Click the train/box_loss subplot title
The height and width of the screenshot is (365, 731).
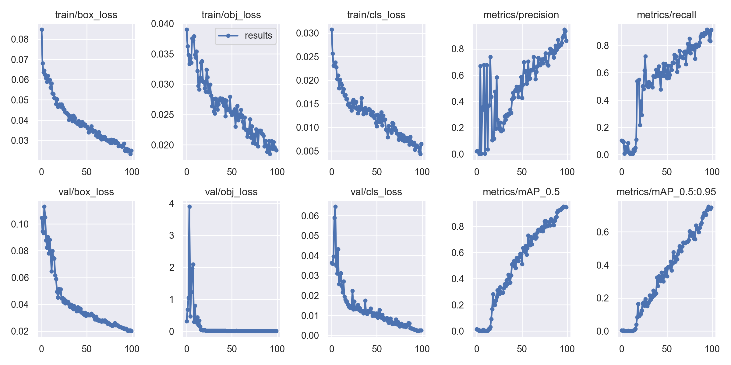tap(86, 15)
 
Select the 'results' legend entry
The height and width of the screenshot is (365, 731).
tap(245, 36)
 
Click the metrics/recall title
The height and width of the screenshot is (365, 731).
tap(666, 15)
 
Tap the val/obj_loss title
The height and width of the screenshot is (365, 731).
tap(231, 192)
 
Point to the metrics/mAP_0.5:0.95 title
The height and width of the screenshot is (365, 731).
tap(666, 192)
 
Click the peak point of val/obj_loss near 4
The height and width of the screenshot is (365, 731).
tap(189, 207)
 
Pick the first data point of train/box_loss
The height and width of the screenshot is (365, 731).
tap(42, 30)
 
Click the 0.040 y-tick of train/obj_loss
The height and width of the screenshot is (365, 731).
tap(162, 24)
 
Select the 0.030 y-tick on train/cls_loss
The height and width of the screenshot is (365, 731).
tap(307, 33)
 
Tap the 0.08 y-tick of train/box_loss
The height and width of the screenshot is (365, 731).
tap(20, 39)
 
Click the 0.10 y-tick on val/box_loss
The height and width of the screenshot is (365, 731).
tap(20, 224)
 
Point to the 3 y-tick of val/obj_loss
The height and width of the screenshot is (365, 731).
tap(171, 235)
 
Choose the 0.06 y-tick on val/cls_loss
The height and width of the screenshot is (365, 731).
tap(310, 216)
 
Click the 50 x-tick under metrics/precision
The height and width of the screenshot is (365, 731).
tap(522, 172)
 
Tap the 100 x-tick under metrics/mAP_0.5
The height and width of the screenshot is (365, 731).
tap(567, 349)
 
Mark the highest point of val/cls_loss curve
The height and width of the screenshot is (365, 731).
tap(335, 207)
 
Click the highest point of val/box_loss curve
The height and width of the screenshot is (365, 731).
tap(44, 207)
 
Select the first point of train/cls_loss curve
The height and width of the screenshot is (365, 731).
tap(332, 30)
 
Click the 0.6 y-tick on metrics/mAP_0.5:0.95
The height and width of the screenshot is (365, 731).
tap(602, 232)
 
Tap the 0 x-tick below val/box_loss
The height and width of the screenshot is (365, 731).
tap(42, 349)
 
